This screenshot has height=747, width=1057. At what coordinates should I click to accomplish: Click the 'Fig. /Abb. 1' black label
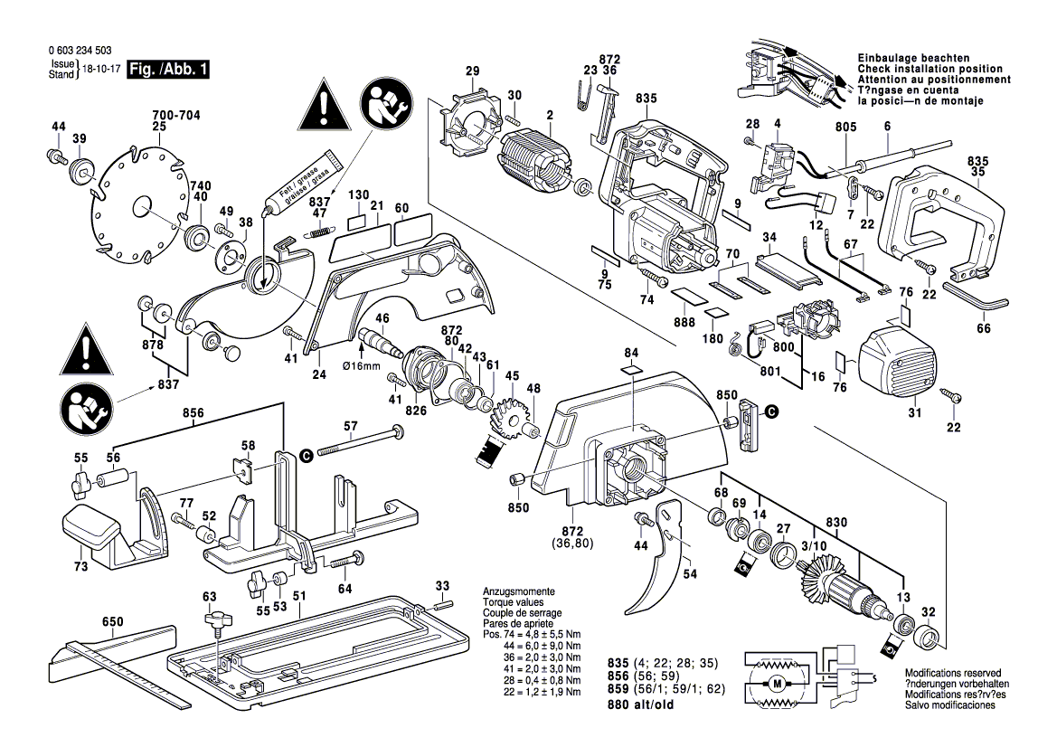(169, 70)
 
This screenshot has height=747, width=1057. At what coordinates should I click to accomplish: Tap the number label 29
(472, 71)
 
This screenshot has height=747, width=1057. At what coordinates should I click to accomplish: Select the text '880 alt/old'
(643, 704)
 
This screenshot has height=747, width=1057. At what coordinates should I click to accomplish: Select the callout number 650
(112, 622)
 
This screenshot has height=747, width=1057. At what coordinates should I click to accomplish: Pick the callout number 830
(836, 522)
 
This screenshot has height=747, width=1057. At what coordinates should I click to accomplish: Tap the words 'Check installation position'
(930, 70)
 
